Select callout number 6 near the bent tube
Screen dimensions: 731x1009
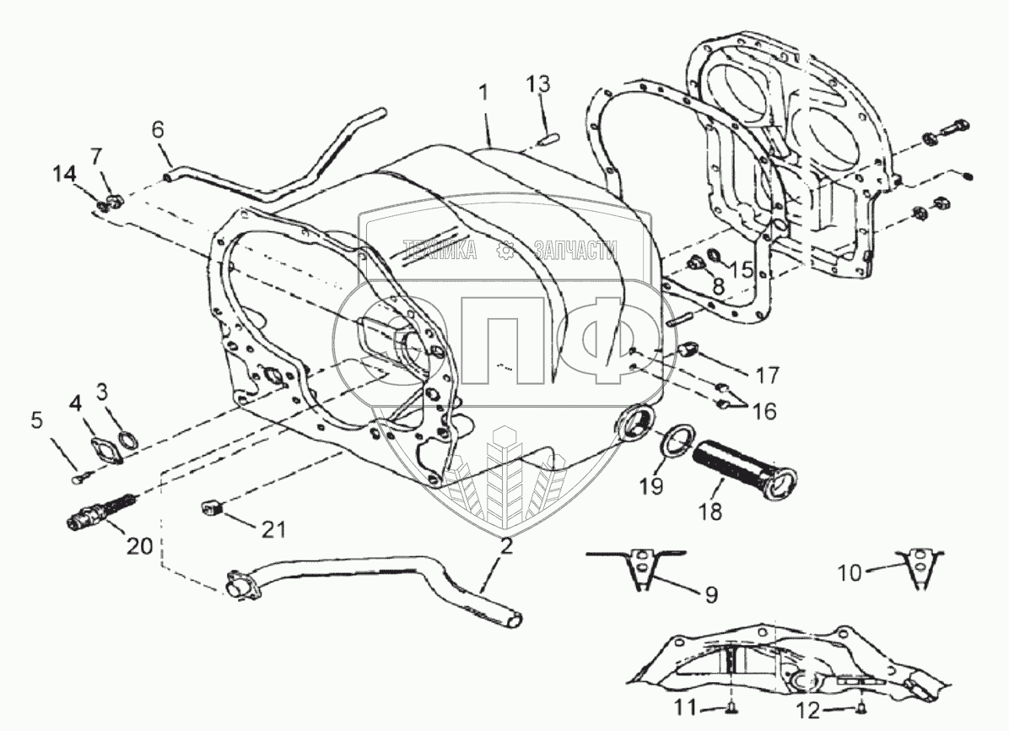click(x=158, y=130)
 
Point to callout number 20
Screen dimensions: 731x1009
click(x=139, y=546)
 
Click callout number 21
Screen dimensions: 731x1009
click(x=272, y=529)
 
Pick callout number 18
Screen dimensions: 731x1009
click(x=710, y=512)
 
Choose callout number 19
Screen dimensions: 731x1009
click(x=651, y=486)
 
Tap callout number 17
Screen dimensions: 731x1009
click(x=769, y=374)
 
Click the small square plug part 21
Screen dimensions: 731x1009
click(x=212, y=508)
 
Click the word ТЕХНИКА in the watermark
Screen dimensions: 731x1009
click(x=440, y=250)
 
